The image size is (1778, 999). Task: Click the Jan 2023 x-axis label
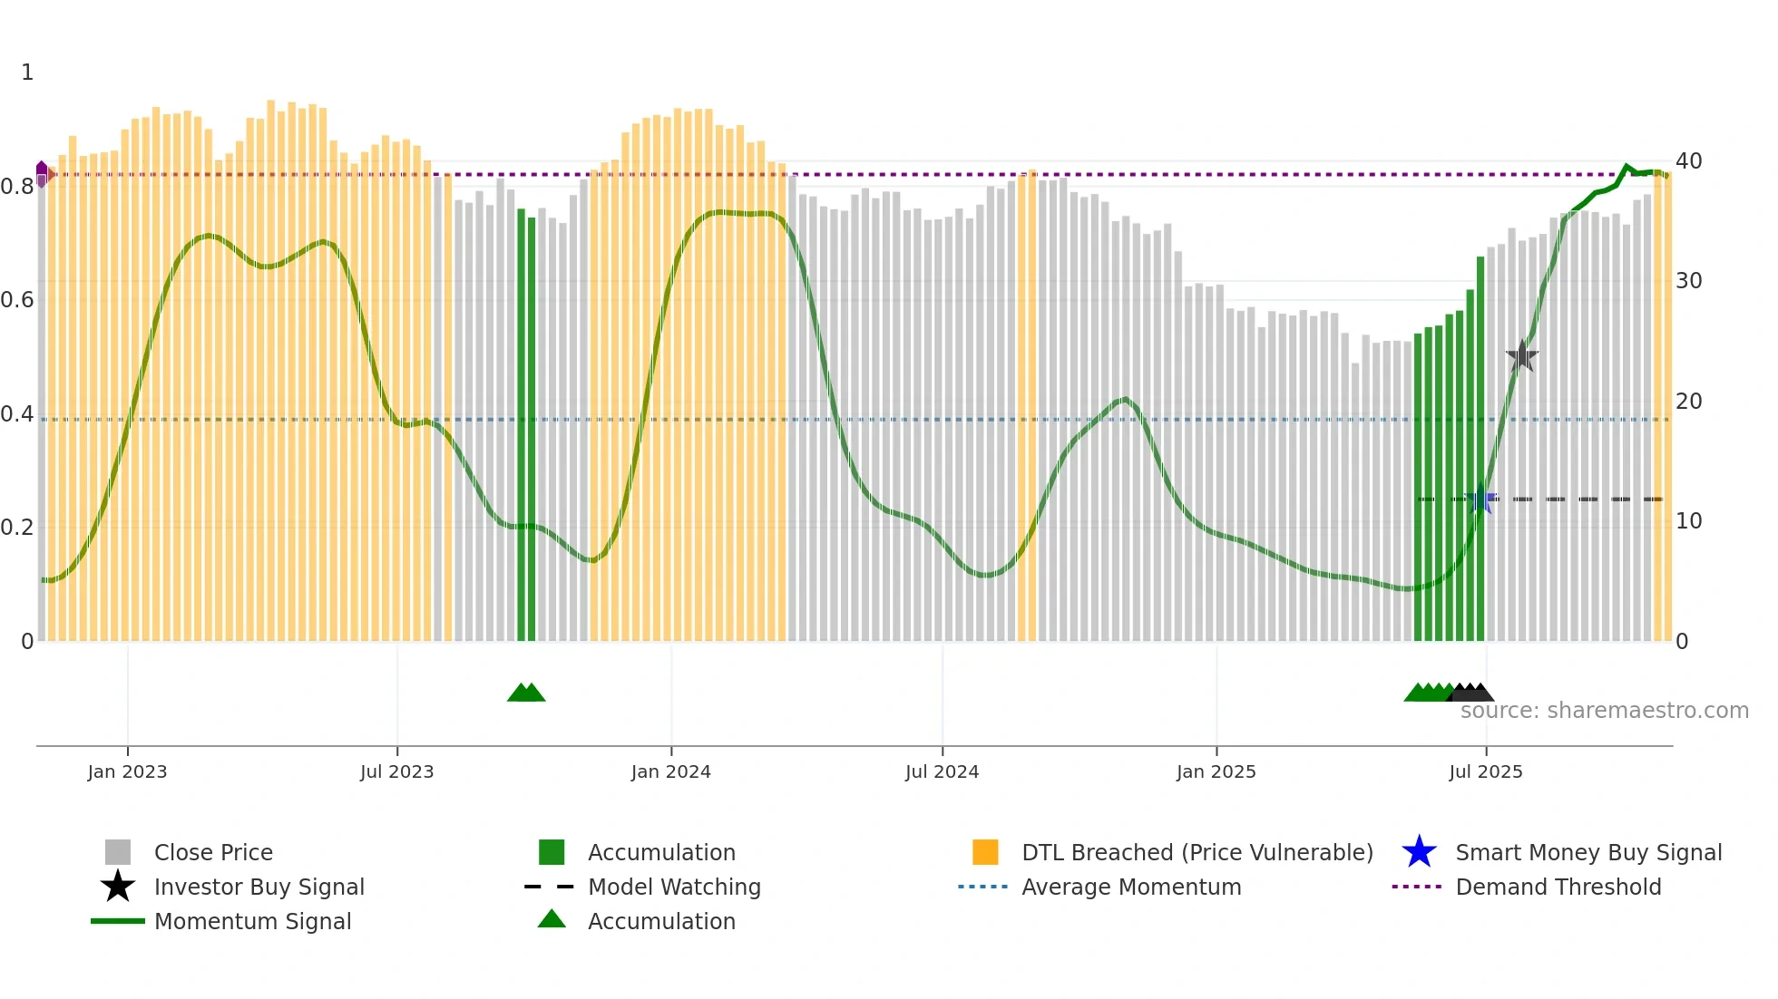127,771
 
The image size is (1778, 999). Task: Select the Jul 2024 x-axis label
942,771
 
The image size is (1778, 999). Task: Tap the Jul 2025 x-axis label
1485,771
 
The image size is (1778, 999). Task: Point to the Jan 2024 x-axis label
670,771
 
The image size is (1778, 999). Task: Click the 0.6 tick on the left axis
18,300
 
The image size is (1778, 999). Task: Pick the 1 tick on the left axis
27,73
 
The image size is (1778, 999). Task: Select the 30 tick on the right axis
1688,281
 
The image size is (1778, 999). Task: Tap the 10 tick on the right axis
1688,521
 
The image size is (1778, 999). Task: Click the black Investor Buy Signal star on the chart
1521,356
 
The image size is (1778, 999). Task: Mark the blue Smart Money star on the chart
1481,499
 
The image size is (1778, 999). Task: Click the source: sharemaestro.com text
1604,711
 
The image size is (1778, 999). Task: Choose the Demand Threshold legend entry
1558,887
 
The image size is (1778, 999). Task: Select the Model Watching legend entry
673,887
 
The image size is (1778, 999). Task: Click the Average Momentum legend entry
1130,887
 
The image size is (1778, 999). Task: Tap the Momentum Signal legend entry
252,921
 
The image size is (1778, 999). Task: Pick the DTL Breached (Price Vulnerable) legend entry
1197,852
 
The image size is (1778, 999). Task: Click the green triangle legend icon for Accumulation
552,920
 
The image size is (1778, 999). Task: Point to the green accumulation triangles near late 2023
526,693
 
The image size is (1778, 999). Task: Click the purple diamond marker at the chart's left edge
42,172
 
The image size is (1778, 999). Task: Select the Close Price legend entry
212,852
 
